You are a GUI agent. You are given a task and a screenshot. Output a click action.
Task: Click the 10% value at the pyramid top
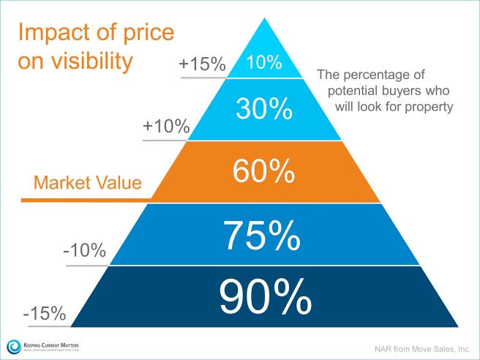coord(264,63)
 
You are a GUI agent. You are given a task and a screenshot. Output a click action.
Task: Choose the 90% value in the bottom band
coord(263,297)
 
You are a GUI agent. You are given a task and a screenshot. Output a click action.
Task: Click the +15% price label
coord(202,65)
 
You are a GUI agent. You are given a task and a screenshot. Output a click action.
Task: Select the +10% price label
coord(166,127)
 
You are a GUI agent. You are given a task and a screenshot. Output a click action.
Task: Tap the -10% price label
coord(85,252)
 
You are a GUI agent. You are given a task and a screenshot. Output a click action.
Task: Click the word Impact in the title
coord(48,34)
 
